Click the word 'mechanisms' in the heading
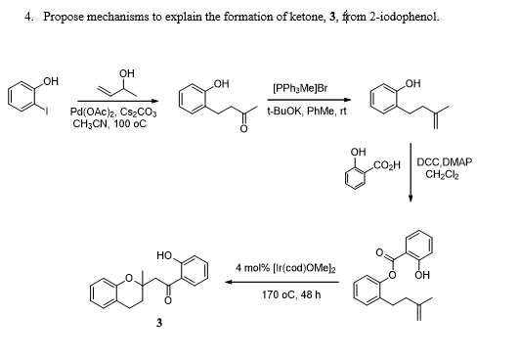point(104,17)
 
